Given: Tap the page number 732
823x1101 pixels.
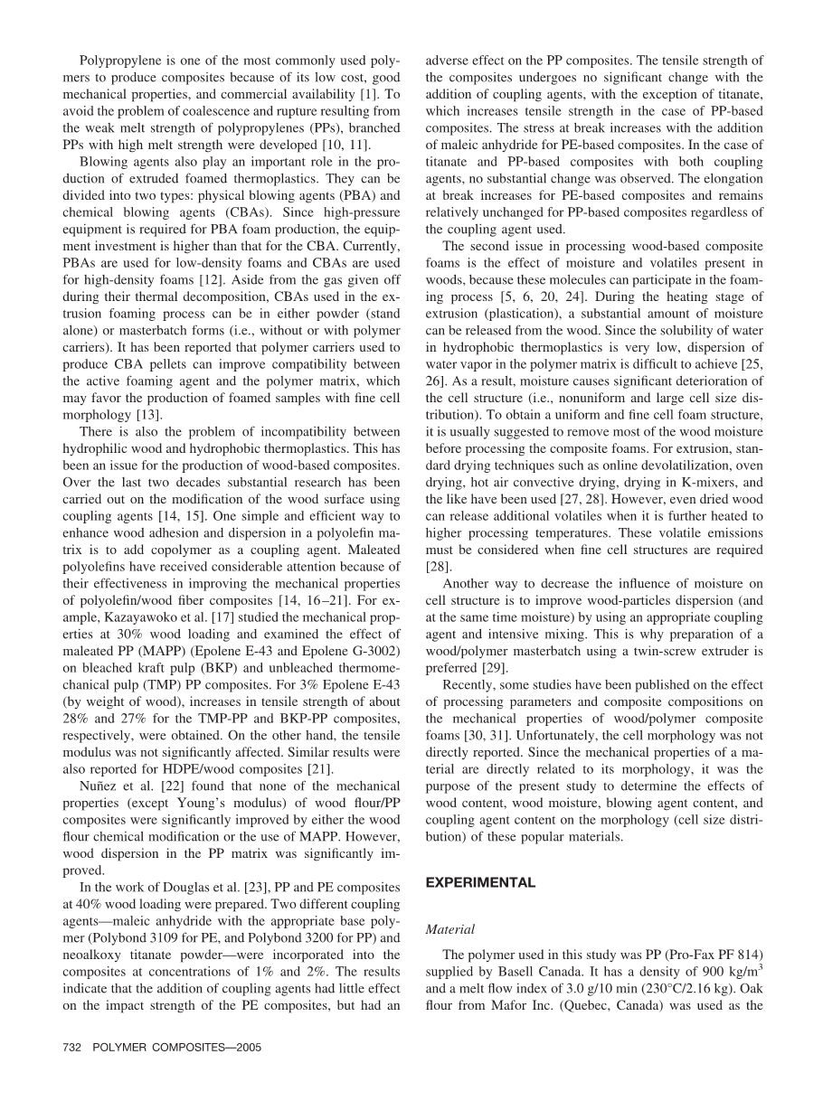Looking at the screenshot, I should pos(72,1047).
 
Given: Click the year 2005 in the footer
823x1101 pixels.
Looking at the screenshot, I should pos(247,1047).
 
